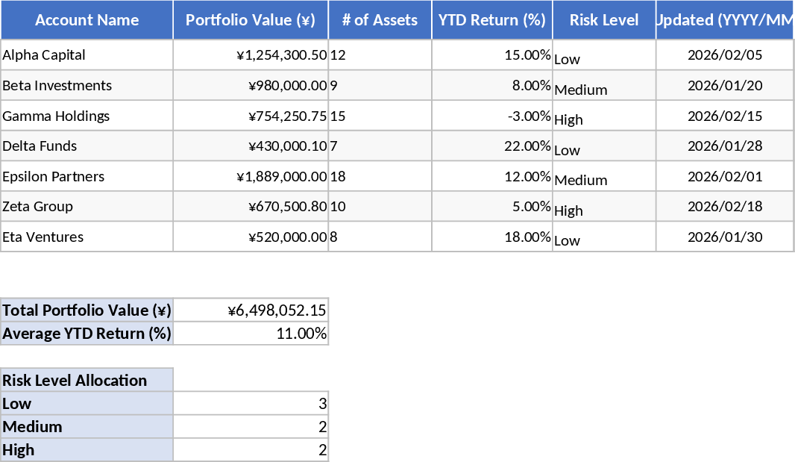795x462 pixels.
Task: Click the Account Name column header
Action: (87, 20)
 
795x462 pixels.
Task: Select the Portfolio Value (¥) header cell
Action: (251, 20)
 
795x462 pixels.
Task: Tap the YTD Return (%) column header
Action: (492, 20)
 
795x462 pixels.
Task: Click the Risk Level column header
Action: (604, 20)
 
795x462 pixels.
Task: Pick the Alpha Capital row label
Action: (44, 55)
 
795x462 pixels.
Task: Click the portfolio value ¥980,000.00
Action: (288, 86)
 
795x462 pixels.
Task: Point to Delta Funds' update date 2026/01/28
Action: (725, 146)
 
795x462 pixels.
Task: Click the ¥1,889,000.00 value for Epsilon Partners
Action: (282, 177)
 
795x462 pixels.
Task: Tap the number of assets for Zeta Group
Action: (338, 207)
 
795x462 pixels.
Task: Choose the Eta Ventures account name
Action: (43, 237)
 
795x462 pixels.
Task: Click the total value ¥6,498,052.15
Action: (277, 310)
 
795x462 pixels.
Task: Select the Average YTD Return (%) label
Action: (87, 334)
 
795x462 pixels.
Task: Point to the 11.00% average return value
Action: (301, 334)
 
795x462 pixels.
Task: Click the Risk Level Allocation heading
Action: (75, 381)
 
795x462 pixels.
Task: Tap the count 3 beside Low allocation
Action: (322, 404)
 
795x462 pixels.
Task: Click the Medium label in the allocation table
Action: (32, 427)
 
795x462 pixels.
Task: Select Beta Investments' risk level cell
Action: (581, 90)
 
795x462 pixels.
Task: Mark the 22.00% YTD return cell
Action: (527, 146)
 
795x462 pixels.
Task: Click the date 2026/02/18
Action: (725, 207)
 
